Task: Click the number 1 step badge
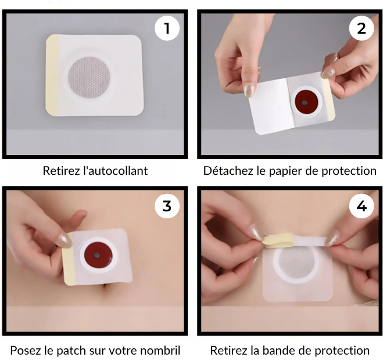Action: pyautogui.click(x=167, y=28)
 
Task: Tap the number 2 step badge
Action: pyautogui.click(x=361, y=28)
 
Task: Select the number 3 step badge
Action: pyautogui.click(x=167, y=206)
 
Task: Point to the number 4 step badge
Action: pyautogui.click(x=361, y=206)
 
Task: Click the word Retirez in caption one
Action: pyautogui.click(x=62, y=171)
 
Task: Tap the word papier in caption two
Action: pyautogui.click(x=288, y=171)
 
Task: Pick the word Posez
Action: pyautogui.click(x=26, y=350)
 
